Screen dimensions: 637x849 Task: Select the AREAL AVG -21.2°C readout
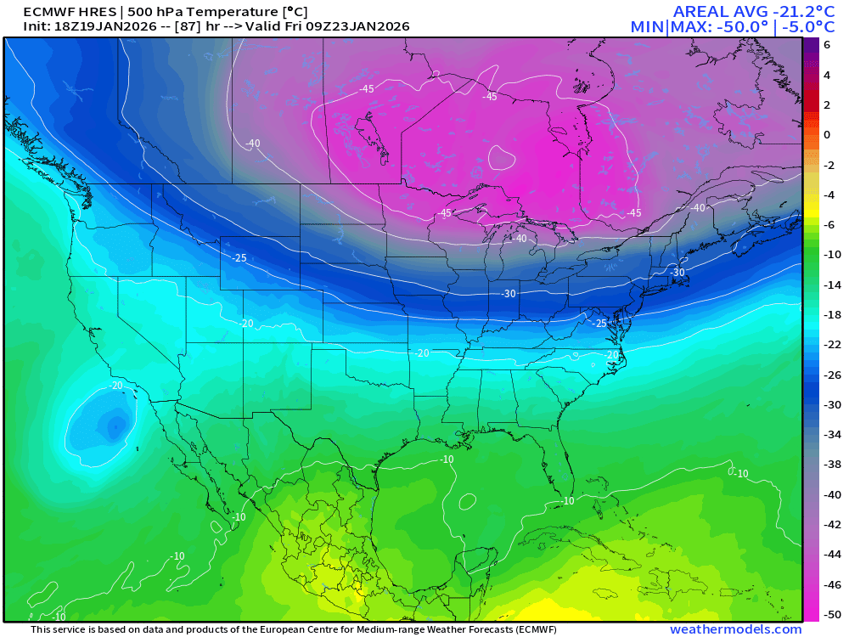click(x=738, y=11)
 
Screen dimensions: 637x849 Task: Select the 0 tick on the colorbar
click(x=827, y=135)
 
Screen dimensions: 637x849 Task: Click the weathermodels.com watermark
click(x=735, y=629)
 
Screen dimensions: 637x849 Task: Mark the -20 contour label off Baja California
click(x=115, y=385)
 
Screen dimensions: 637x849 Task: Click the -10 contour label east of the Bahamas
click(x=740, y=473)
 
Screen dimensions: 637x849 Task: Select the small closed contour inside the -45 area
click(x=502, y=156)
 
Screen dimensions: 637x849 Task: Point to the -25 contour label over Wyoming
click(x=239, y=257)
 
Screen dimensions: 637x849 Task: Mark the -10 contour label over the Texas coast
click(x=447, y=459)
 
